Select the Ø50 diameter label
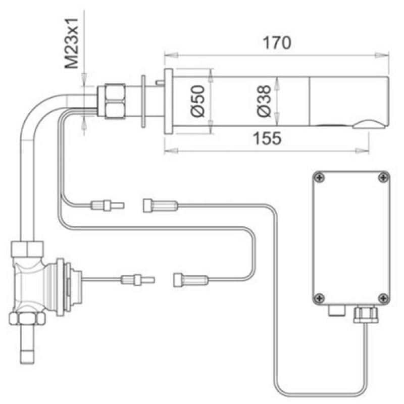[197, 102]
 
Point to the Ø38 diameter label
[263, 102]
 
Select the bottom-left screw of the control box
[319, 297]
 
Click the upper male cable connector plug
[106, 205]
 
